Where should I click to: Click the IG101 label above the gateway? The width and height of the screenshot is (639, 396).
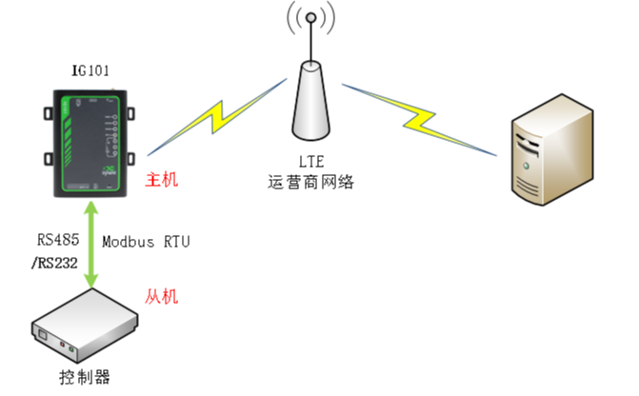pos(90,70)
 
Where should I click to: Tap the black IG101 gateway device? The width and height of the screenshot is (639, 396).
pos(90,144)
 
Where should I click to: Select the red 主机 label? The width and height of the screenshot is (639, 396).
pos(161,179)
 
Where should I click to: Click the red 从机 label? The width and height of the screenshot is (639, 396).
pos(161,296)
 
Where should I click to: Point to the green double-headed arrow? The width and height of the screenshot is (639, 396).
pos(90,245)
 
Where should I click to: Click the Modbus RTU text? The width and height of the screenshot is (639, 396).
pos(146,242)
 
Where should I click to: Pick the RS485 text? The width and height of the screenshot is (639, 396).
pos(58,240)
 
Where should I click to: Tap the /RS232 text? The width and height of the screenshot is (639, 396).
pos(54,263)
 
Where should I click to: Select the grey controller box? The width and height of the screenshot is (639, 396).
pos(85,326)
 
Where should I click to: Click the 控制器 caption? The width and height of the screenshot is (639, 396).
pos(85,377)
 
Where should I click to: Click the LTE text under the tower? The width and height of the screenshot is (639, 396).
pos(311,162)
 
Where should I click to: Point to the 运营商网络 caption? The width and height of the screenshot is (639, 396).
pos(311,182)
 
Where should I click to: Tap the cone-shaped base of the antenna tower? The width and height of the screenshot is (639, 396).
pos(311,101)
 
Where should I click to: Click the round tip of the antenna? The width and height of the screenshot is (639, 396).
pos(311,17)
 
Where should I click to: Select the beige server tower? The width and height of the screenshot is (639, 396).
pos(552,149)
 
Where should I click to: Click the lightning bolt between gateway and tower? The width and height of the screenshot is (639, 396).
pos(217,117)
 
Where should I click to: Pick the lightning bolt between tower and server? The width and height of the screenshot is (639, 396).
pos(419,120)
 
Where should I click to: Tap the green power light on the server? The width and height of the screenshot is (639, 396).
pos(526,166)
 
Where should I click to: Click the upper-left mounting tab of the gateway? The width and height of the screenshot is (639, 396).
pos(49,113)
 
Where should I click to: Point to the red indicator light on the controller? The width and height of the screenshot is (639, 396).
pos(62,345)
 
